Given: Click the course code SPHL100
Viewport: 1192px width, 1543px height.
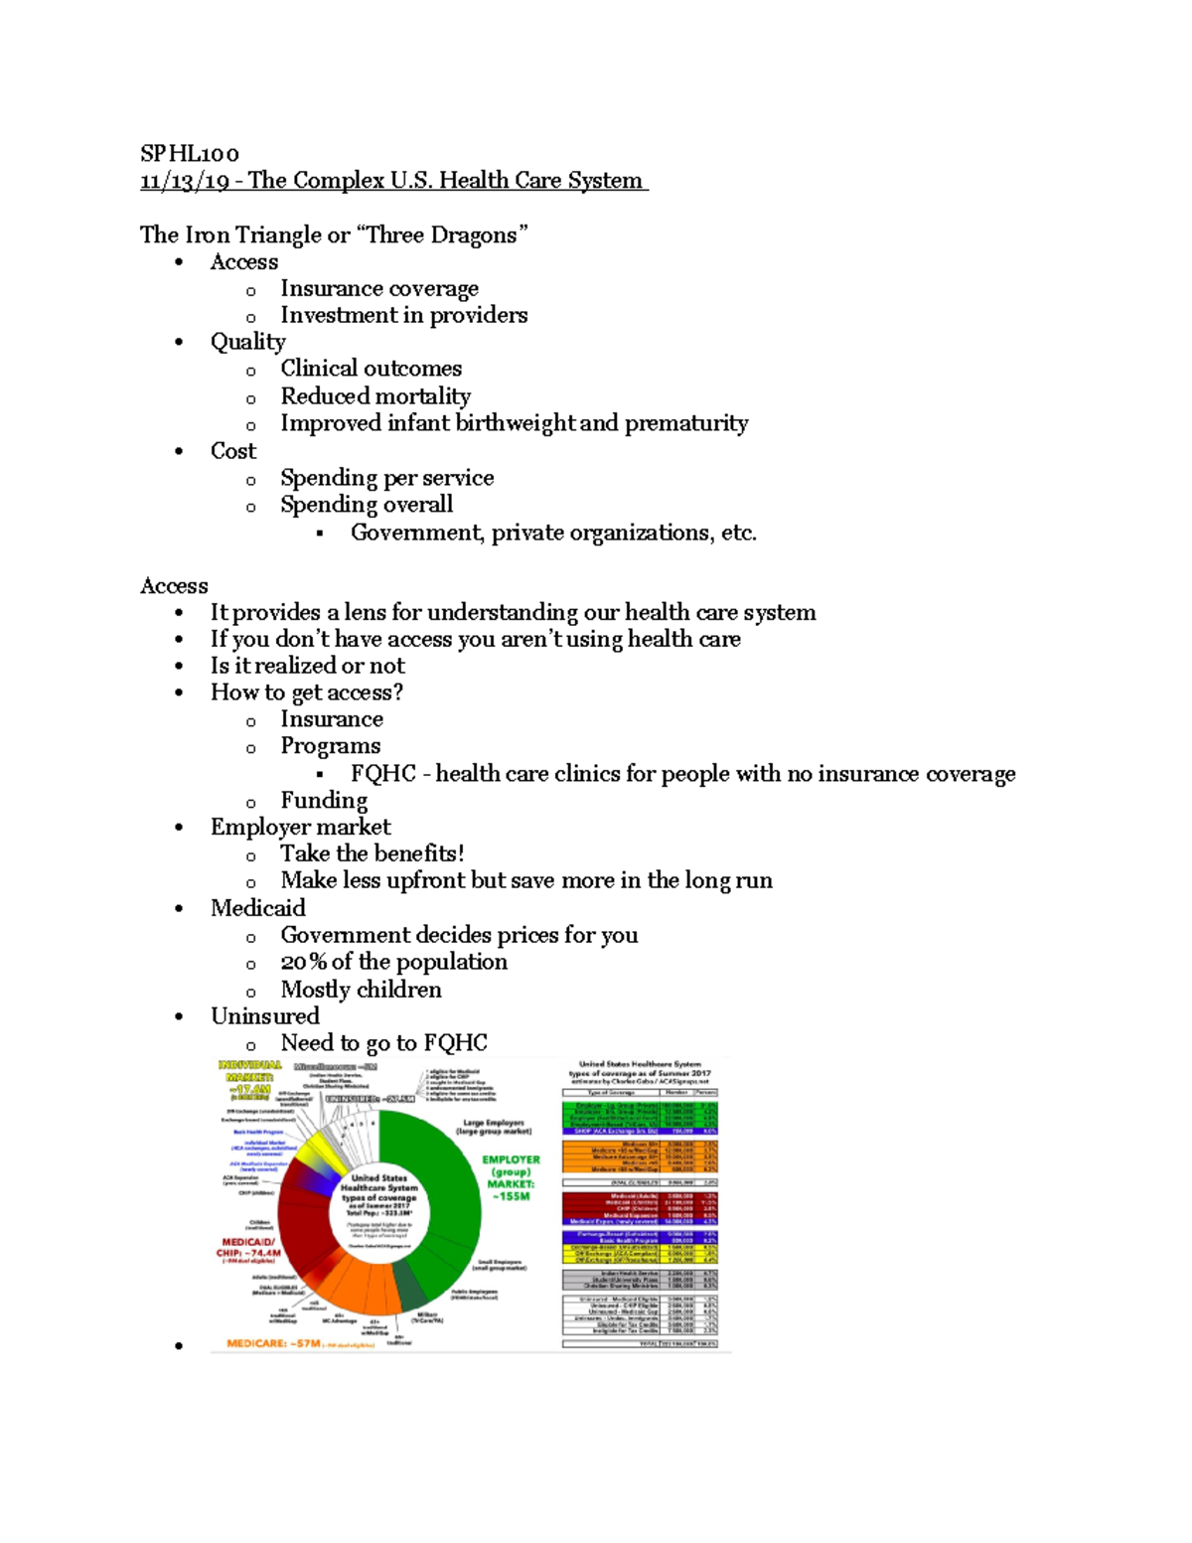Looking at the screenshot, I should tap(189, 154).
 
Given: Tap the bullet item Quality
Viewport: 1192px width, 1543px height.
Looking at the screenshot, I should tap(247, 342).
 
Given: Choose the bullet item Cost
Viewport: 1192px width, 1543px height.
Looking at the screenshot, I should tap(233, 451).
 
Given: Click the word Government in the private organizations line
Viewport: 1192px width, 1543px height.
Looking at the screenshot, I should tap(416, 534).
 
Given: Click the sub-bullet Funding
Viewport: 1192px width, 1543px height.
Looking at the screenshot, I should tap(324, 801).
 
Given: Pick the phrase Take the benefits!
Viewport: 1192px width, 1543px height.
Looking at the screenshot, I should tap(372, 854).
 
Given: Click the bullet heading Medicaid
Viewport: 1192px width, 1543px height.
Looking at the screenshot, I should tap(257, 908).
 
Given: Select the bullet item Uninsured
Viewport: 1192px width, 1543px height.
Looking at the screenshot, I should tap(264, 1016).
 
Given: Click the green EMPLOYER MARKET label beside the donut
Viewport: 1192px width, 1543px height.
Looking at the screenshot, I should tap(511, 1178).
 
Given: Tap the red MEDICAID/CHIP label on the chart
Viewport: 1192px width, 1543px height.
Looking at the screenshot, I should tap(247, 1248).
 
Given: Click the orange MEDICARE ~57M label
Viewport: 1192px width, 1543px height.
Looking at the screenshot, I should tap(274, 1343).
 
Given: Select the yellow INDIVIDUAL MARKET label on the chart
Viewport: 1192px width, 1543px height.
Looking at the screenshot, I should tap(249, 1078).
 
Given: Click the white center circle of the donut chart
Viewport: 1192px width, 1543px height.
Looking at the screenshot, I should tap(379, 1202).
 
